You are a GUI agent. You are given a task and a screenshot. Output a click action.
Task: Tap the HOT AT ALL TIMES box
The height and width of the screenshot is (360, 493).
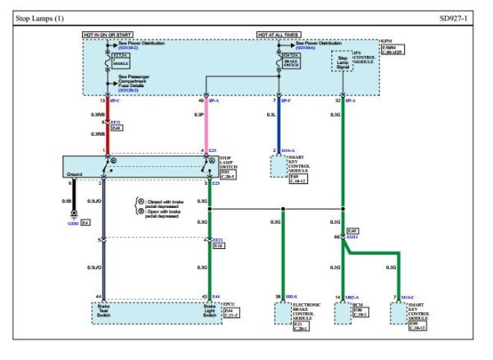pyautogui.click(x=279, y=37)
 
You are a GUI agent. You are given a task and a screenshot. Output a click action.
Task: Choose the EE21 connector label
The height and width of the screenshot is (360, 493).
pyautogui.click(x=218, y=239)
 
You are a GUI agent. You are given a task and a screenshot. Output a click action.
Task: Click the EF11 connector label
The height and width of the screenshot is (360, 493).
pyautogui.click(x=117, y=121)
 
